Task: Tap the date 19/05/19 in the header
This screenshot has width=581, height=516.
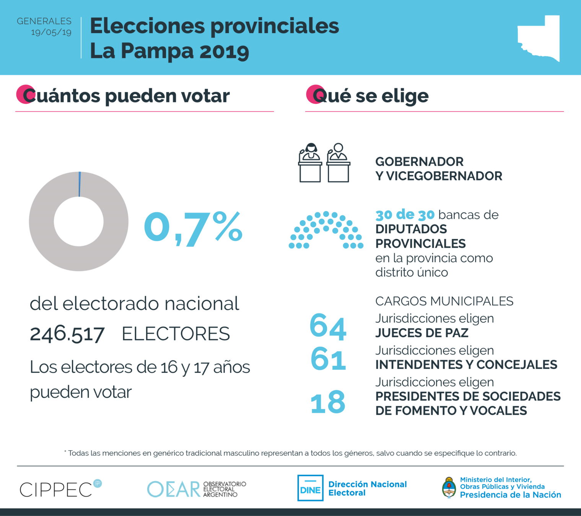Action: tap(51, 32)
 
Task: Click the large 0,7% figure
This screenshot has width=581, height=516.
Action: tap(193, 228)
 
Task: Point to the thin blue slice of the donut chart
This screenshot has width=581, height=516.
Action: tap(80, 184)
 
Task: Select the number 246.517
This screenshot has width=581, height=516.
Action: tap(67, 334)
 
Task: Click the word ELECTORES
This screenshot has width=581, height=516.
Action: tap(176, 334)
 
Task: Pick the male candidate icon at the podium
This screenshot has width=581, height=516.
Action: tap(338, 163)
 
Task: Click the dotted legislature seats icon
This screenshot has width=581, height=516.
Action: tap(326, 230)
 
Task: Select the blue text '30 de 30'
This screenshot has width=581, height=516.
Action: tap(405, 215)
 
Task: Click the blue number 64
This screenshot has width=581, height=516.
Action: tap(328, 326)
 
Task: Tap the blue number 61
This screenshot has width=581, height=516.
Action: tap(328, 359)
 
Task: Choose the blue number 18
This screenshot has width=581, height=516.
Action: tap(328, 402)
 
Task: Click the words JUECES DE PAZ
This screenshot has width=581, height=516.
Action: tap(422, 333)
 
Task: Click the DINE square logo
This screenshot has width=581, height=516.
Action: tap(310, 488)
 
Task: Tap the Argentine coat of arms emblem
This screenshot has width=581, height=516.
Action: tap(449, 488)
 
